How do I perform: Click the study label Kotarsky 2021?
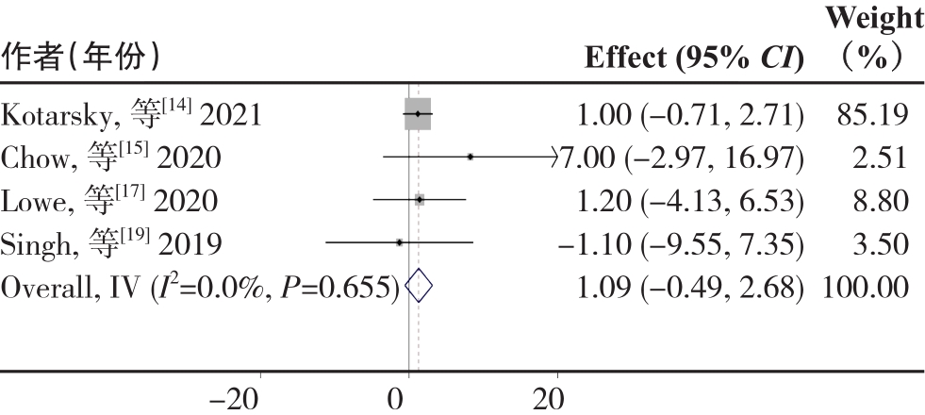point(132,114)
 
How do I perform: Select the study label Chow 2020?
point(111,158)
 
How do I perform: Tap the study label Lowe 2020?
point(110,201)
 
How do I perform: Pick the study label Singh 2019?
point(112,243)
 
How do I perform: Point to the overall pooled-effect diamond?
point(418,286)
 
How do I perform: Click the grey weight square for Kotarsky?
point(417,114)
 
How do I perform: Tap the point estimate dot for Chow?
point(470,157)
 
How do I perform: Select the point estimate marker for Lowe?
point(419,200)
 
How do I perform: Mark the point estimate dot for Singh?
point(400,242)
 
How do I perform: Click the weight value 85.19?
point(872,114)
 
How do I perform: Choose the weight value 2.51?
point(882,158)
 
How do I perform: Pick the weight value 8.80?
point(882,201)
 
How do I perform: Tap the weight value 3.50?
point(882,243)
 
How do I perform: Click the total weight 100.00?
point(866,286)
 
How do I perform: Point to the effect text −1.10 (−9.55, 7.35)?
point(681,243)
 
